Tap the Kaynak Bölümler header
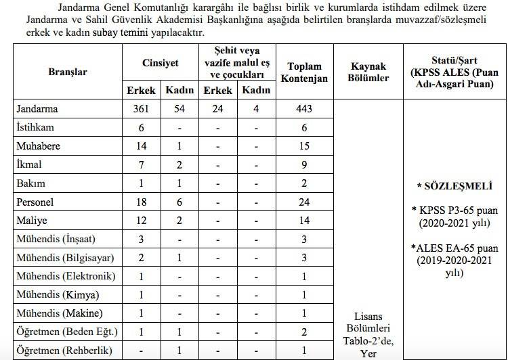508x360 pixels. [369, 72]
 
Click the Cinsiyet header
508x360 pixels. [160, 62]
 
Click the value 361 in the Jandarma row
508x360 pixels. [141, 108]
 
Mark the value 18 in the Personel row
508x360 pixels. [141, 202]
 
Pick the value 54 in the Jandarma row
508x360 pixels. [179, 108]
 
